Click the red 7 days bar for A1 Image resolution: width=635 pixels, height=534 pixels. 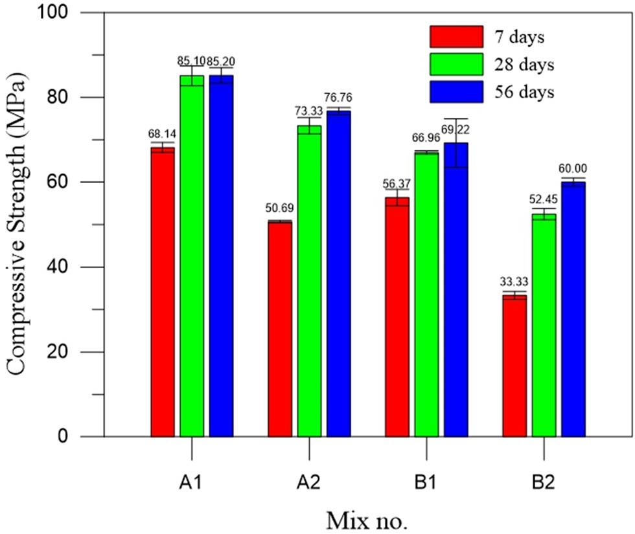(163, 291)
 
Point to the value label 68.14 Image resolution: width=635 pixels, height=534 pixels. (162, 134)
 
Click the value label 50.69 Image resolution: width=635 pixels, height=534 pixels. (279, 208)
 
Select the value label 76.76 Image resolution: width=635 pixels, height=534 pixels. (339, 98)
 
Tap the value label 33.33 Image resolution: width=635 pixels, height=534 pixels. (514, 282)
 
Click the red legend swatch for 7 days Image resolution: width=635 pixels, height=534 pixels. (456, 36)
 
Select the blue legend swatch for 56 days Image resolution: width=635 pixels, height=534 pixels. (456, 92)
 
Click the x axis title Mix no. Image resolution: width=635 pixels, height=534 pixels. (367, 519)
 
